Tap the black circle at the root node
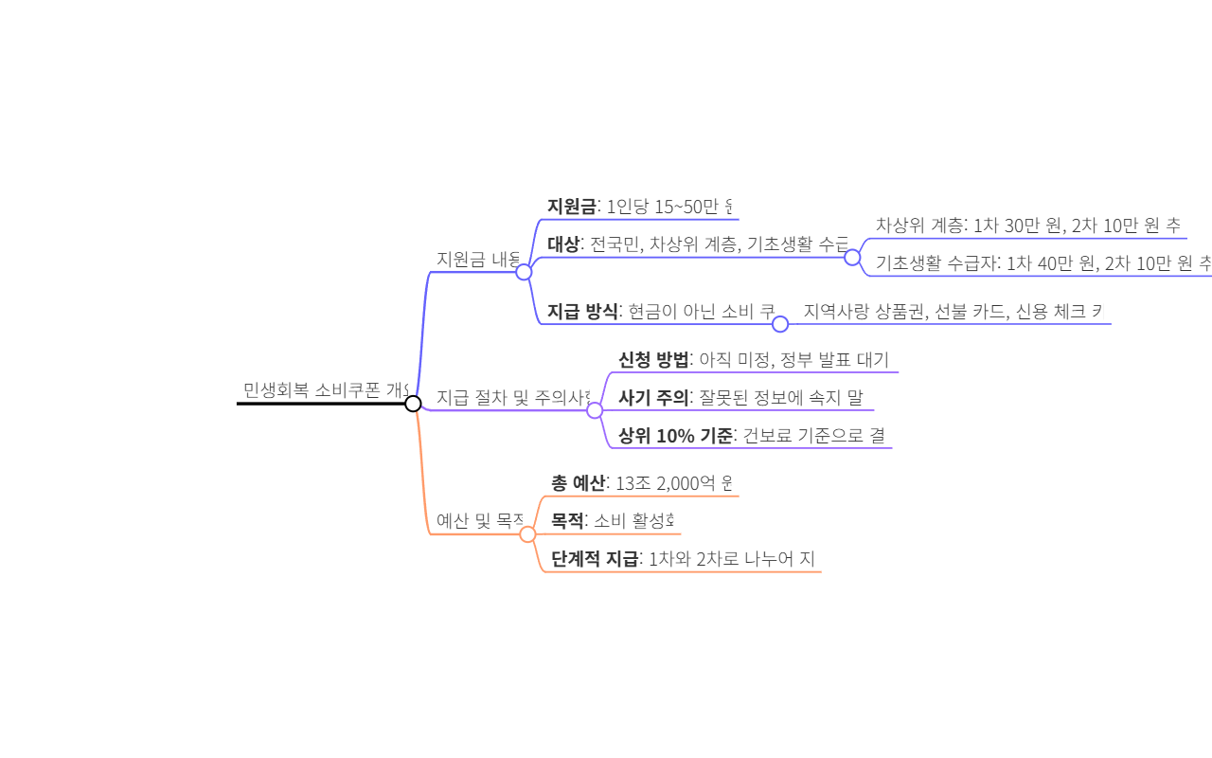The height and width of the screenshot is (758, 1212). click(413, 404)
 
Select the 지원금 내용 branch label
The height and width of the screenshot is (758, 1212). click(478, 259)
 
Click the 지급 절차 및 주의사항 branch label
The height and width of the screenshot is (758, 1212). click(512, 397)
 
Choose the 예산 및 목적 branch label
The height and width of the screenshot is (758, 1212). click(480, 520)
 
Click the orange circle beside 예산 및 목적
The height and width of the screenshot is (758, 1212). click(527, 534)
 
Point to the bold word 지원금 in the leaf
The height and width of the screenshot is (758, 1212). click(572, 206)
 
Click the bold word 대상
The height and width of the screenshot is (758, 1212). click(563, 244)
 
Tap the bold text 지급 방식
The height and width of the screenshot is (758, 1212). click(582, 311)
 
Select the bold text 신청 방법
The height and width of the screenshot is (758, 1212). click(653, 359)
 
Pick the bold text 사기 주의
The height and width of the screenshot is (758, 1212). click(653, 397)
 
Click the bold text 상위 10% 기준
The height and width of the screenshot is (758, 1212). click(675, 435)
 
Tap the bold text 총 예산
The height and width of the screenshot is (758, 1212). click(578, 483)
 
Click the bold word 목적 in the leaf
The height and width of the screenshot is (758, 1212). click(567, 520)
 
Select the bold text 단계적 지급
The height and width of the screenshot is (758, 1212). click(595, 558)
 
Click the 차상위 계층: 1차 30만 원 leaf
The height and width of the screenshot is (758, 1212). click(1027, 226)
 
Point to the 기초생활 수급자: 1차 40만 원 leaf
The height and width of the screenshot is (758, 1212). click(1043, 262)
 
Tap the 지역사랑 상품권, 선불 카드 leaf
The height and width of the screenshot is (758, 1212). click(953, 311)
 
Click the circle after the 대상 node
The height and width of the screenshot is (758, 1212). click(852, 257)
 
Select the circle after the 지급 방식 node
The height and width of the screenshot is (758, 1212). click(780, 324)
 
